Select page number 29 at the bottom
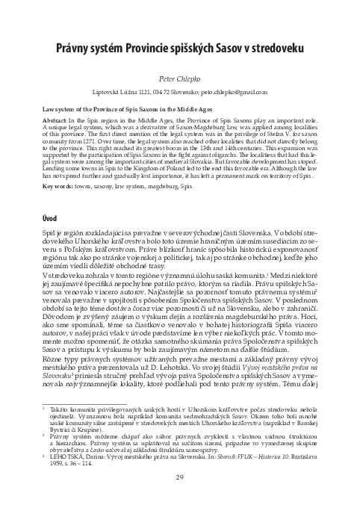[179, 478]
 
